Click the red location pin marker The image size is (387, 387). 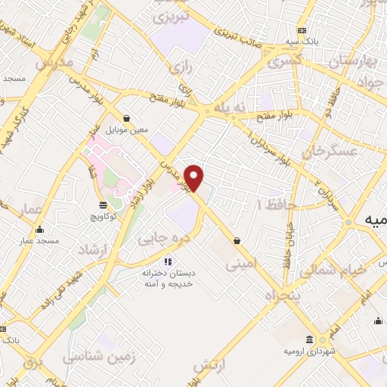coord(195,178)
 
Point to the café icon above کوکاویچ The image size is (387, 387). coord(104,205)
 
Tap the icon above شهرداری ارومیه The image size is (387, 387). coord(311,339)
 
